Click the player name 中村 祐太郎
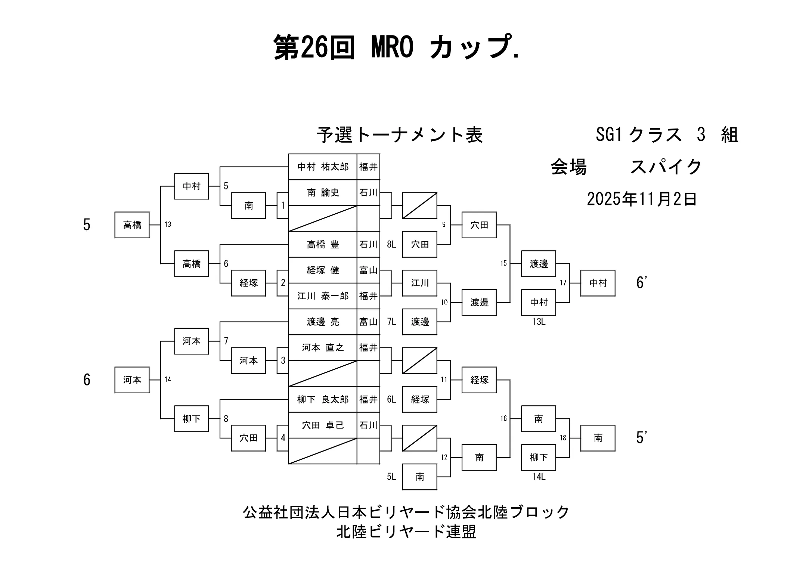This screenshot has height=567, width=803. (323, 167)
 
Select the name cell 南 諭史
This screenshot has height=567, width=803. (323, 193)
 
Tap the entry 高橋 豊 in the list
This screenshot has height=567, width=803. (323, 245)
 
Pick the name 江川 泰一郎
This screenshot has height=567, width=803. (323, 296)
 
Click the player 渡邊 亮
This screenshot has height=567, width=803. (323, 322)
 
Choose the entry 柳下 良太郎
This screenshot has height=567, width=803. (323, 400)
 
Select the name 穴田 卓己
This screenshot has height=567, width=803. (323, 425)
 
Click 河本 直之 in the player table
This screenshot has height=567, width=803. (323, 348)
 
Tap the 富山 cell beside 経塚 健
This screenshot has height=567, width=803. (368, 270)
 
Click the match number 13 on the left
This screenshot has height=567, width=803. (168, 224)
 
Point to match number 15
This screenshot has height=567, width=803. (503, 263)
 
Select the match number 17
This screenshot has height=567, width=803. (563, 283)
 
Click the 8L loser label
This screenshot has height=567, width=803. (391, 245)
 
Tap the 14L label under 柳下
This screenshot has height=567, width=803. (539, 477)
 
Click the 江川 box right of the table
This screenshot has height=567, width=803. (420, 283)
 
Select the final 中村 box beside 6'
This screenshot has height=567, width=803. (598, 283)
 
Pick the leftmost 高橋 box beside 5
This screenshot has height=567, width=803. (132, 225)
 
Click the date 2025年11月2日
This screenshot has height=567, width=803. (641, 199)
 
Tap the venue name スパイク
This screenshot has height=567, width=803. (666, 167)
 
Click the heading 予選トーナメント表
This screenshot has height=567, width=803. (400, 135)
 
